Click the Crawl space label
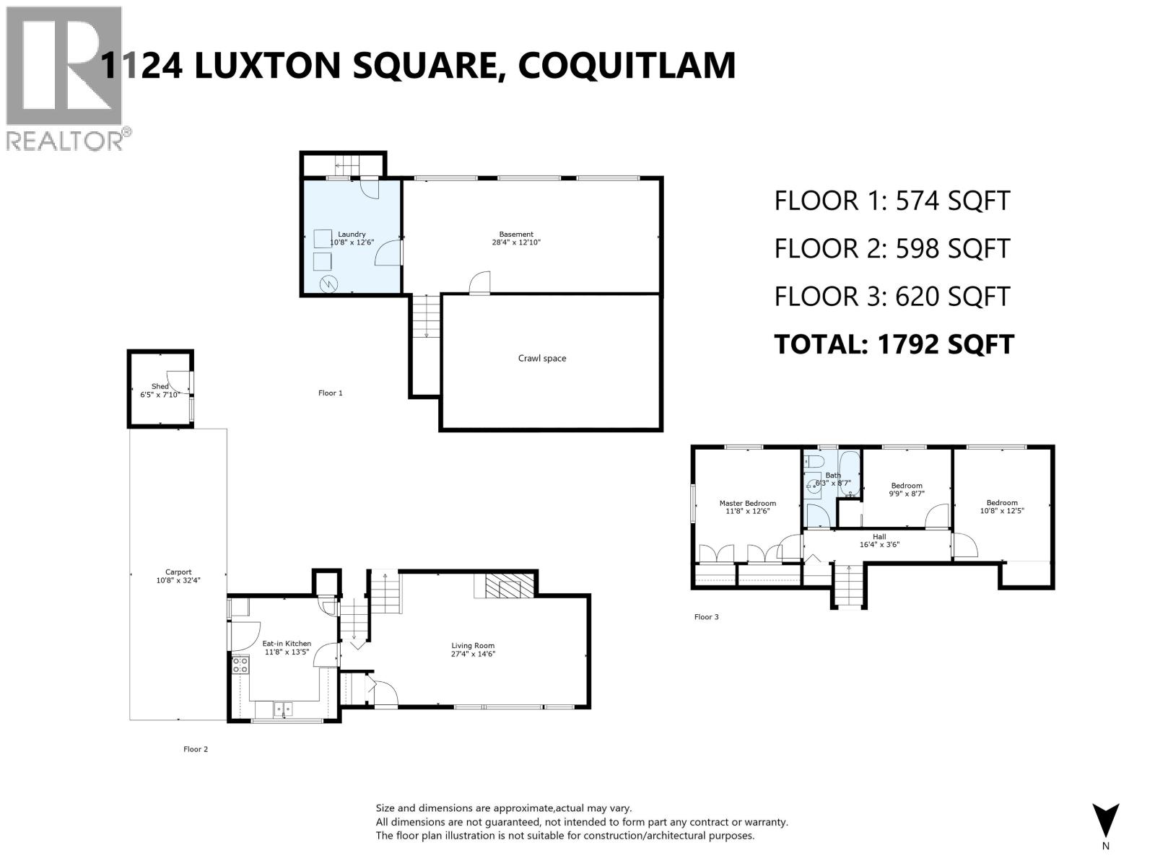[x=541, y=358]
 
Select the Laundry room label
[x=352, y=234]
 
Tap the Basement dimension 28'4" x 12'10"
[x=516, y=243]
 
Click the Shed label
[x=160, y=386]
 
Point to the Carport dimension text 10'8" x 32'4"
[x=178, y=580]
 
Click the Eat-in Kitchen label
[x=287, y=643]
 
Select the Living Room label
[x=473, y=645]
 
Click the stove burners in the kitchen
[x=240, y=665]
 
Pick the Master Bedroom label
[x=747, y=503]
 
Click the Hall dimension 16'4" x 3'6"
[x=879, y=545]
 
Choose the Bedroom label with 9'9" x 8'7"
[x=906, y=486]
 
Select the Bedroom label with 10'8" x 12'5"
[x=1002, y=502]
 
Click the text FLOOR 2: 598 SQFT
[x=892, y=248]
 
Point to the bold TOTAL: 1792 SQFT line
[x=894, y=344]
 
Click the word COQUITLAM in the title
[x=627, y=65]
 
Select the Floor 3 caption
[x=706, y=617]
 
